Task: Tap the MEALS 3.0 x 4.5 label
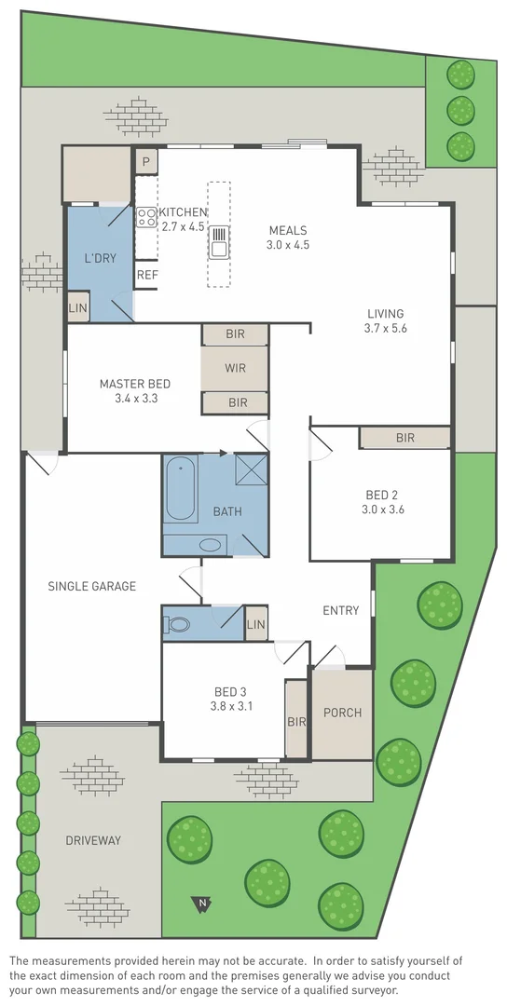tap(288, 245)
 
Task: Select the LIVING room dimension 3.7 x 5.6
tap(386, 328)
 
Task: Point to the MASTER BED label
tap(135, 384)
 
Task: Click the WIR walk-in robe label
tap(235, 368)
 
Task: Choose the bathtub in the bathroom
tap(181, 489)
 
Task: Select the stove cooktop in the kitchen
tap(146, 218)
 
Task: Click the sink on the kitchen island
tap(219, 241)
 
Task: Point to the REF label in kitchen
tap(147, 275)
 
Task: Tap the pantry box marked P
tap(145, 162)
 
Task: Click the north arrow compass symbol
tap(200, 903)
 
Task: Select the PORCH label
tap(342, 713)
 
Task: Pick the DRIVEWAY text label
tap(93, 840)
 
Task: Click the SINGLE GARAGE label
tap(92, 586)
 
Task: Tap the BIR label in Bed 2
tap(404, 437)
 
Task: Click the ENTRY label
tap(340, 610)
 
